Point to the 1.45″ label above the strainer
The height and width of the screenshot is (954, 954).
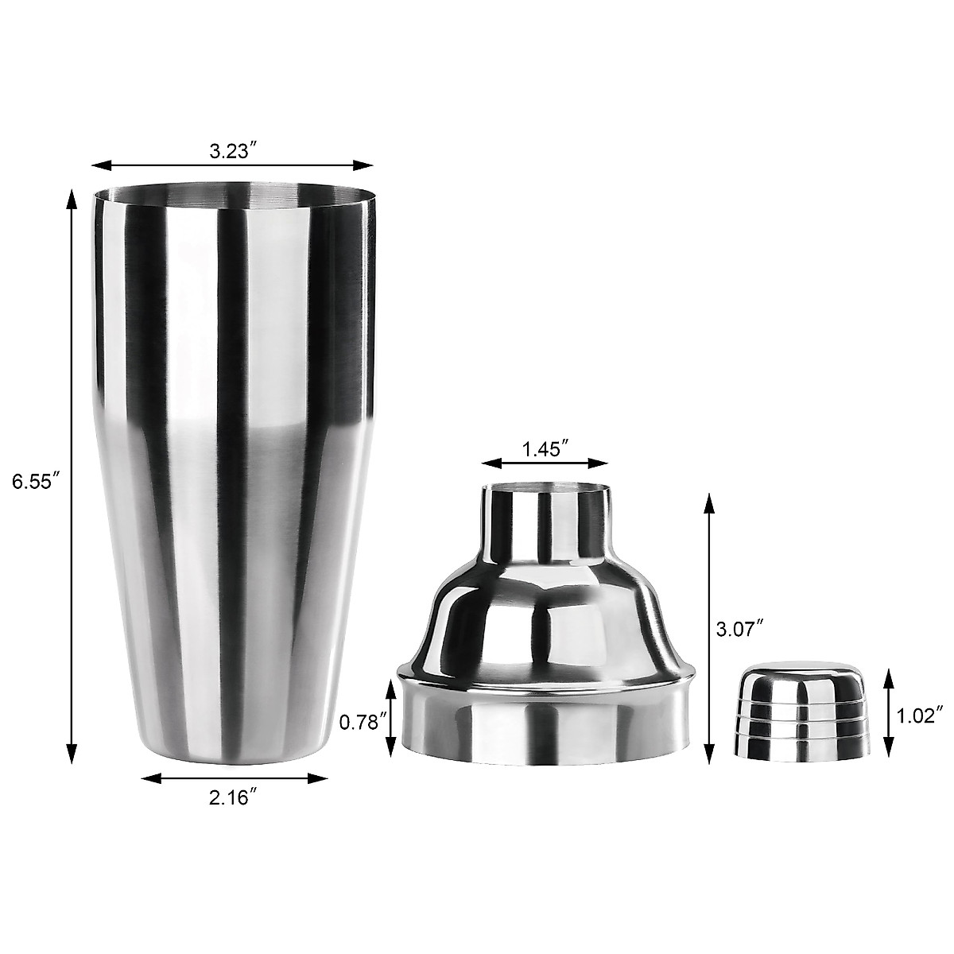[x=545, y=449]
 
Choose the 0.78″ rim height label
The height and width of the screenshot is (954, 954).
[x=363, y=723]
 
